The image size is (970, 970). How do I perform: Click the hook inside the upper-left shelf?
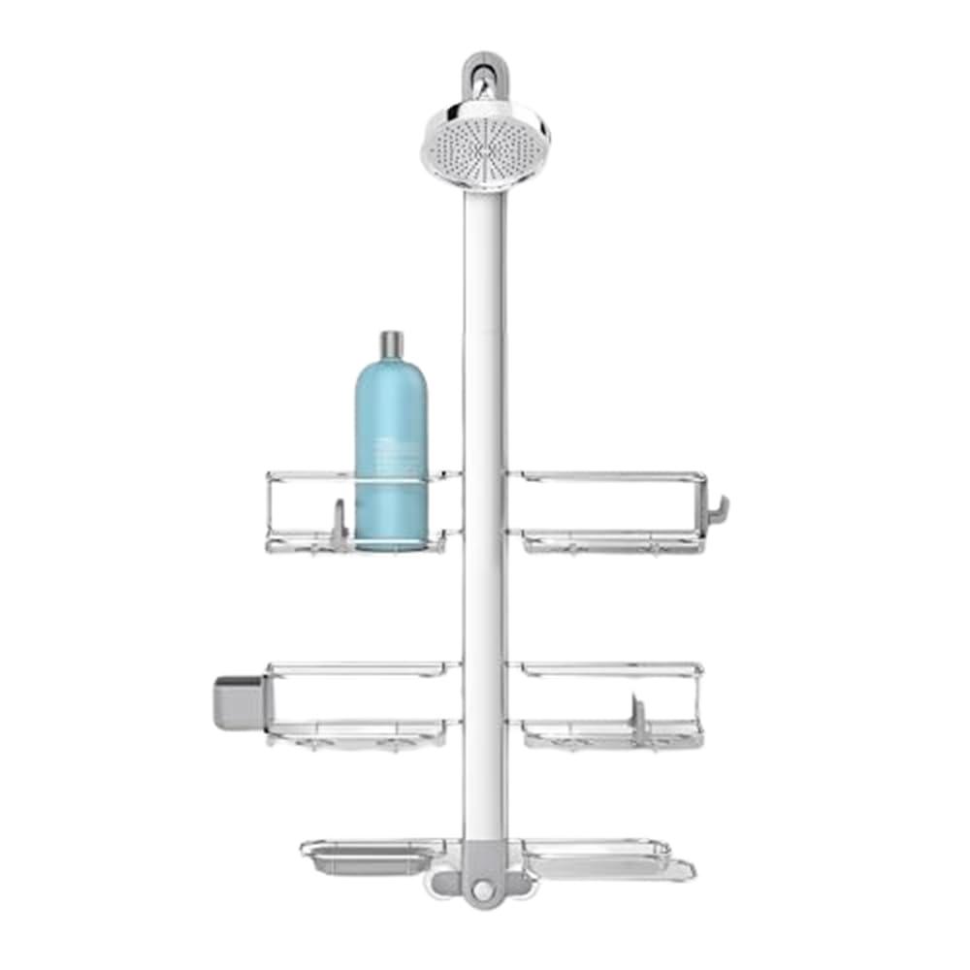point(338,524)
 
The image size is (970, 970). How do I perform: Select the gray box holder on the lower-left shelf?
point(238,701)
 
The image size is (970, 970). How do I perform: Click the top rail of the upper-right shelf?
point(606,475)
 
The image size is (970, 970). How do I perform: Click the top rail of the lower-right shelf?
point(606,667)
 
